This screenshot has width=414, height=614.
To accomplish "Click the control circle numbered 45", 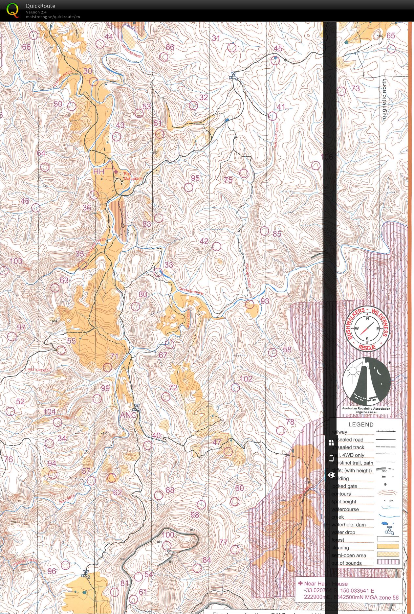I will tap(275, 60).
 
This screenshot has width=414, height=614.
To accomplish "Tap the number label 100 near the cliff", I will tap(168, 535).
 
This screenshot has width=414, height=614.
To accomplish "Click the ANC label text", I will tap(128, 415).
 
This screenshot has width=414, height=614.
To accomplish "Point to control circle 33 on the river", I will tap(158, 272).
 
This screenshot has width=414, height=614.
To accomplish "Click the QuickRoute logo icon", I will tap(12, 10).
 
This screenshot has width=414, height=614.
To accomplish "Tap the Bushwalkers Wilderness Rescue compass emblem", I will tap(367, 329).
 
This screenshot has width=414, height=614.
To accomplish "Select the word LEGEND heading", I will tap(361, 424).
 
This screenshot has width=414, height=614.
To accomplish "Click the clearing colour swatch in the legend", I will tap(388, 547).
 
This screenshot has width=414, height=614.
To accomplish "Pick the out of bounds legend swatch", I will tap(388, 562).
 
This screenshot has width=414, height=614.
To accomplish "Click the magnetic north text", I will tap(384, 99).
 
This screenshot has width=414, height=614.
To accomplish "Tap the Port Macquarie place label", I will tap(133, 176).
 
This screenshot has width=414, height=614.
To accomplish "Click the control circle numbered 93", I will tap(250, 305).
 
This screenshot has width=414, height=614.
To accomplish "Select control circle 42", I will tap(217, 246).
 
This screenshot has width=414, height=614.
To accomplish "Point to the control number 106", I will tap(327, 157).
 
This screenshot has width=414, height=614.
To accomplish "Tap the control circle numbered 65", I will tap(391, 49).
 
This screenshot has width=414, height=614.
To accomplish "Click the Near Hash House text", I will tap(326, 583).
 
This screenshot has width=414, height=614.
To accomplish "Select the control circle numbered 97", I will tap(12, 336).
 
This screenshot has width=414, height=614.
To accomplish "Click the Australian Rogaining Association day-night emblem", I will tap(366, 382).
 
